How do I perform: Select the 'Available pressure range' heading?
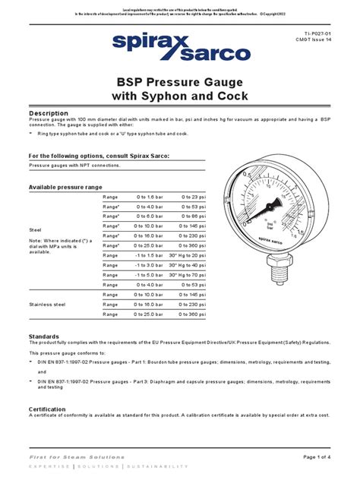[65, 186]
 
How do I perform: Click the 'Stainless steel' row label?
[48, 304]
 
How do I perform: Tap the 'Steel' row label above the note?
[35, 229]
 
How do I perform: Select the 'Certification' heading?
[52, 409]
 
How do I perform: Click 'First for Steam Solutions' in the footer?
[76, 457]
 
